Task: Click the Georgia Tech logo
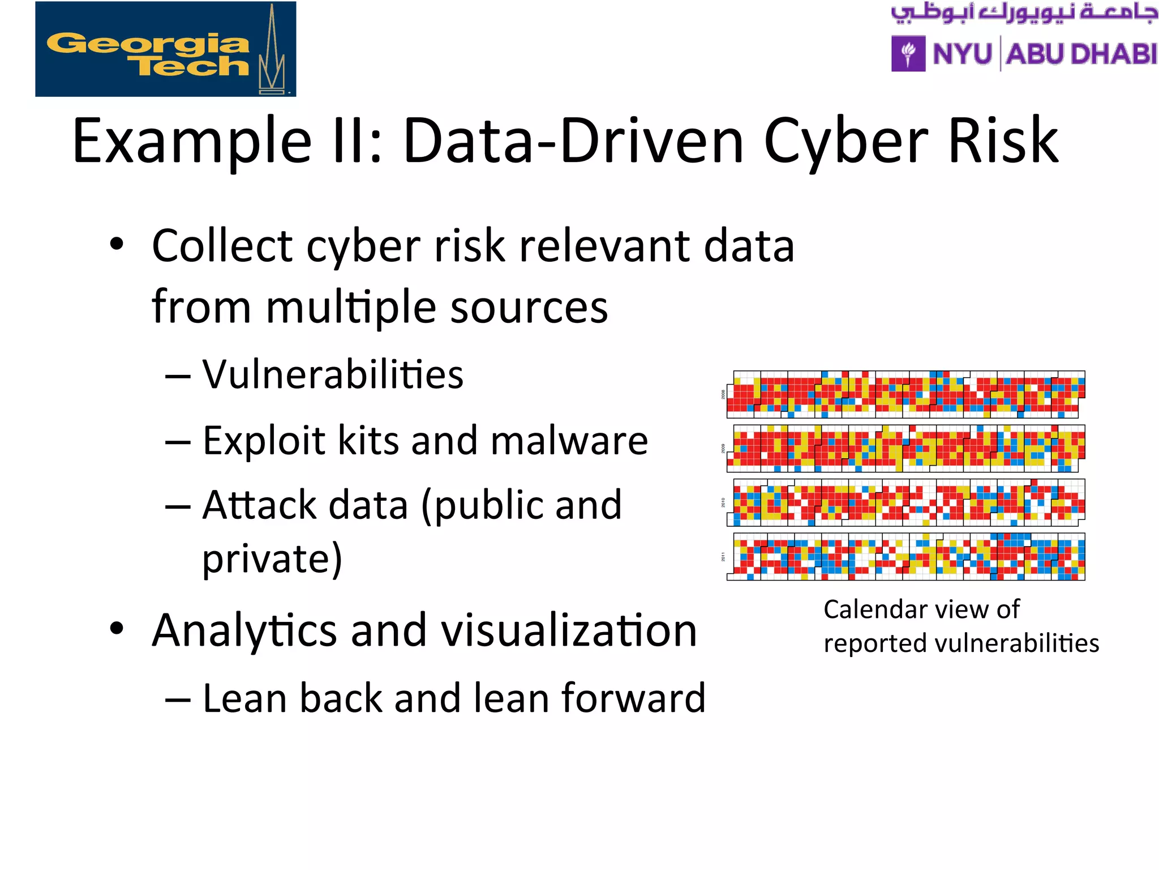click(165, 49)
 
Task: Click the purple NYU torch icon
click(908, 54)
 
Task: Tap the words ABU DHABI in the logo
click(1081, 54)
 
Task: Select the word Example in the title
click(192, 142)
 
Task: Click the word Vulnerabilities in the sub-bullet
click(333, 375)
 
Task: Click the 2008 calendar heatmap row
click(905, 394)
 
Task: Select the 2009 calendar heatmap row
click(905, 448)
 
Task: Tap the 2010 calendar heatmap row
click(905, 502)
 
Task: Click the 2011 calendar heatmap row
click(905, 556)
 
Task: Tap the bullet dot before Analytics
click(117, 629)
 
